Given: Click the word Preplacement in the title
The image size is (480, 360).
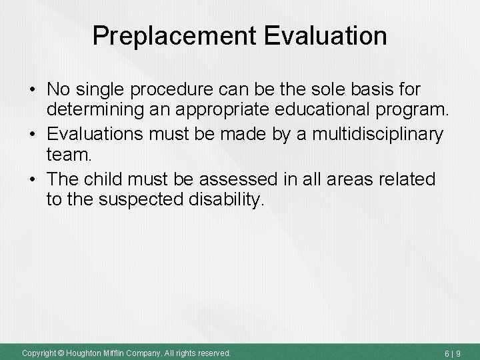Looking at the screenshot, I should [x=175, y=37].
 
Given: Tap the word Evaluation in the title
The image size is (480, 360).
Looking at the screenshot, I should [x=325, y=37].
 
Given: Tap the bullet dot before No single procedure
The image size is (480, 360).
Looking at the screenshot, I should [x=31, y=89].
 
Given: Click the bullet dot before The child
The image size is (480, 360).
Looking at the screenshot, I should [x=31, y=180].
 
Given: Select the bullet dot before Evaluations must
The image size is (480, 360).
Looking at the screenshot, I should [x=31, y=135].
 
